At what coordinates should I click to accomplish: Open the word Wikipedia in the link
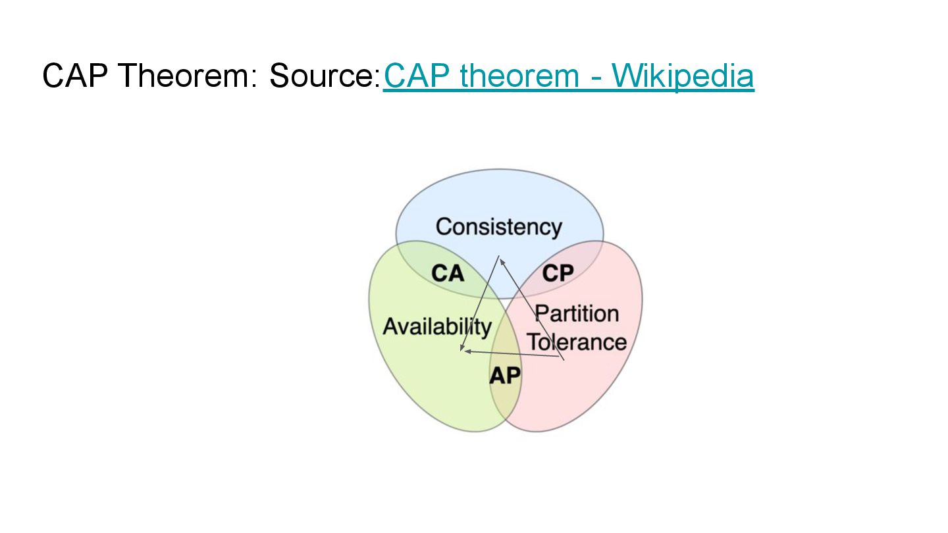click(682, 76)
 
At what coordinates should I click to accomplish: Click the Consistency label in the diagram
click(499, 227)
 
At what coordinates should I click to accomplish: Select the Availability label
click(437, 326)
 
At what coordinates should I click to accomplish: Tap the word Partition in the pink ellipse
click(577, 314)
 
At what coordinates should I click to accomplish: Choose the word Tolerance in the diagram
click(577, 342)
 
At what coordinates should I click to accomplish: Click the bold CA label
click(448, 272)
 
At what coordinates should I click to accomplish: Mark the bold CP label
click(558, 272)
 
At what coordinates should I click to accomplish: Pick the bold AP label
click(505, 376)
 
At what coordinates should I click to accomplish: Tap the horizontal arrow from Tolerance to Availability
click(513, 355)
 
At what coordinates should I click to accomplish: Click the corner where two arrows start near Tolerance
click(564, 359)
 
